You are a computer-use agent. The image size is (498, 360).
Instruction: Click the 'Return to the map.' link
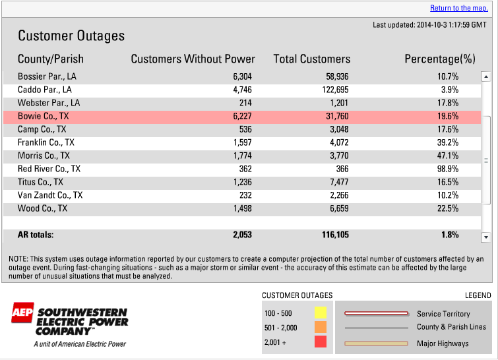458,8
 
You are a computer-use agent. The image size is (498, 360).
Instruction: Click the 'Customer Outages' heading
71,36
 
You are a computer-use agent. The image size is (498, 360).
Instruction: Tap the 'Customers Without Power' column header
193,59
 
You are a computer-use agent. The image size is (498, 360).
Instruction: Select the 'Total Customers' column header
311,59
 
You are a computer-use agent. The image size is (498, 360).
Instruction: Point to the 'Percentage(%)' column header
440,59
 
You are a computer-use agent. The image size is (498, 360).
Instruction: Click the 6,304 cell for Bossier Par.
242,76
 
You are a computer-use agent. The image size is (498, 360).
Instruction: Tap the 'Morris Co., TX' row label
44,156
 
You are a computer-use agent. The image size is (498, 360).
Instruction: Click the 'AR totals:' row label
36,235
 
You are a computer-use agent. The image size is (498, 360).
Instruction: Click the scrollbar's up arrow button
485,76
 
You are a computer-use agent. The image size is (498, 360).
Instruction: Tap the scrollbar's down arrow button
485,237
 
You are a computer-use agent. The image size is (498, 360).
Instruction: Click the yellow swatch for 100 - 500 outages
321,313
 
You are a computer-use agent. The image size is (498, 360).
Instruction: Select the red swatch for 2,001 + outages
321,342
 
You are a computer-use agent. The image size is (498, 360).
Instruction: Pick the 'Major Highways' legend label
443,344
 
